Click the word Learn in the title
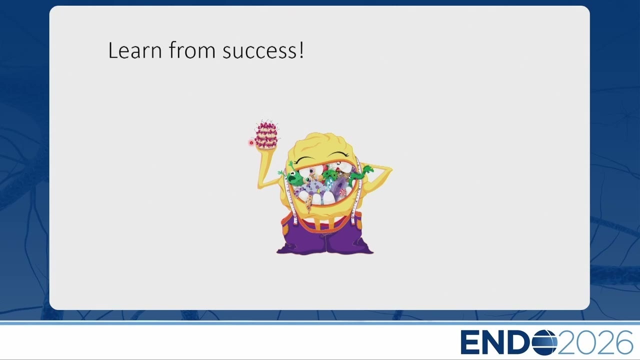[x=135, y=50]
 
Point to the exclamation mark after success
[x=301, y=49]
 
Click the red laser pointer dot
[x=251, y=143]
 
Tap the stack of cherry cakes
[x=266, y=135]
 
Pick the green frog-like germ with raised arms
[x=292, y=174]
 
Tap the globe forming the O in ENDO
[x=544, y=342]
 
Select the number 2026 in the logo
[x=595, y=342]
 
